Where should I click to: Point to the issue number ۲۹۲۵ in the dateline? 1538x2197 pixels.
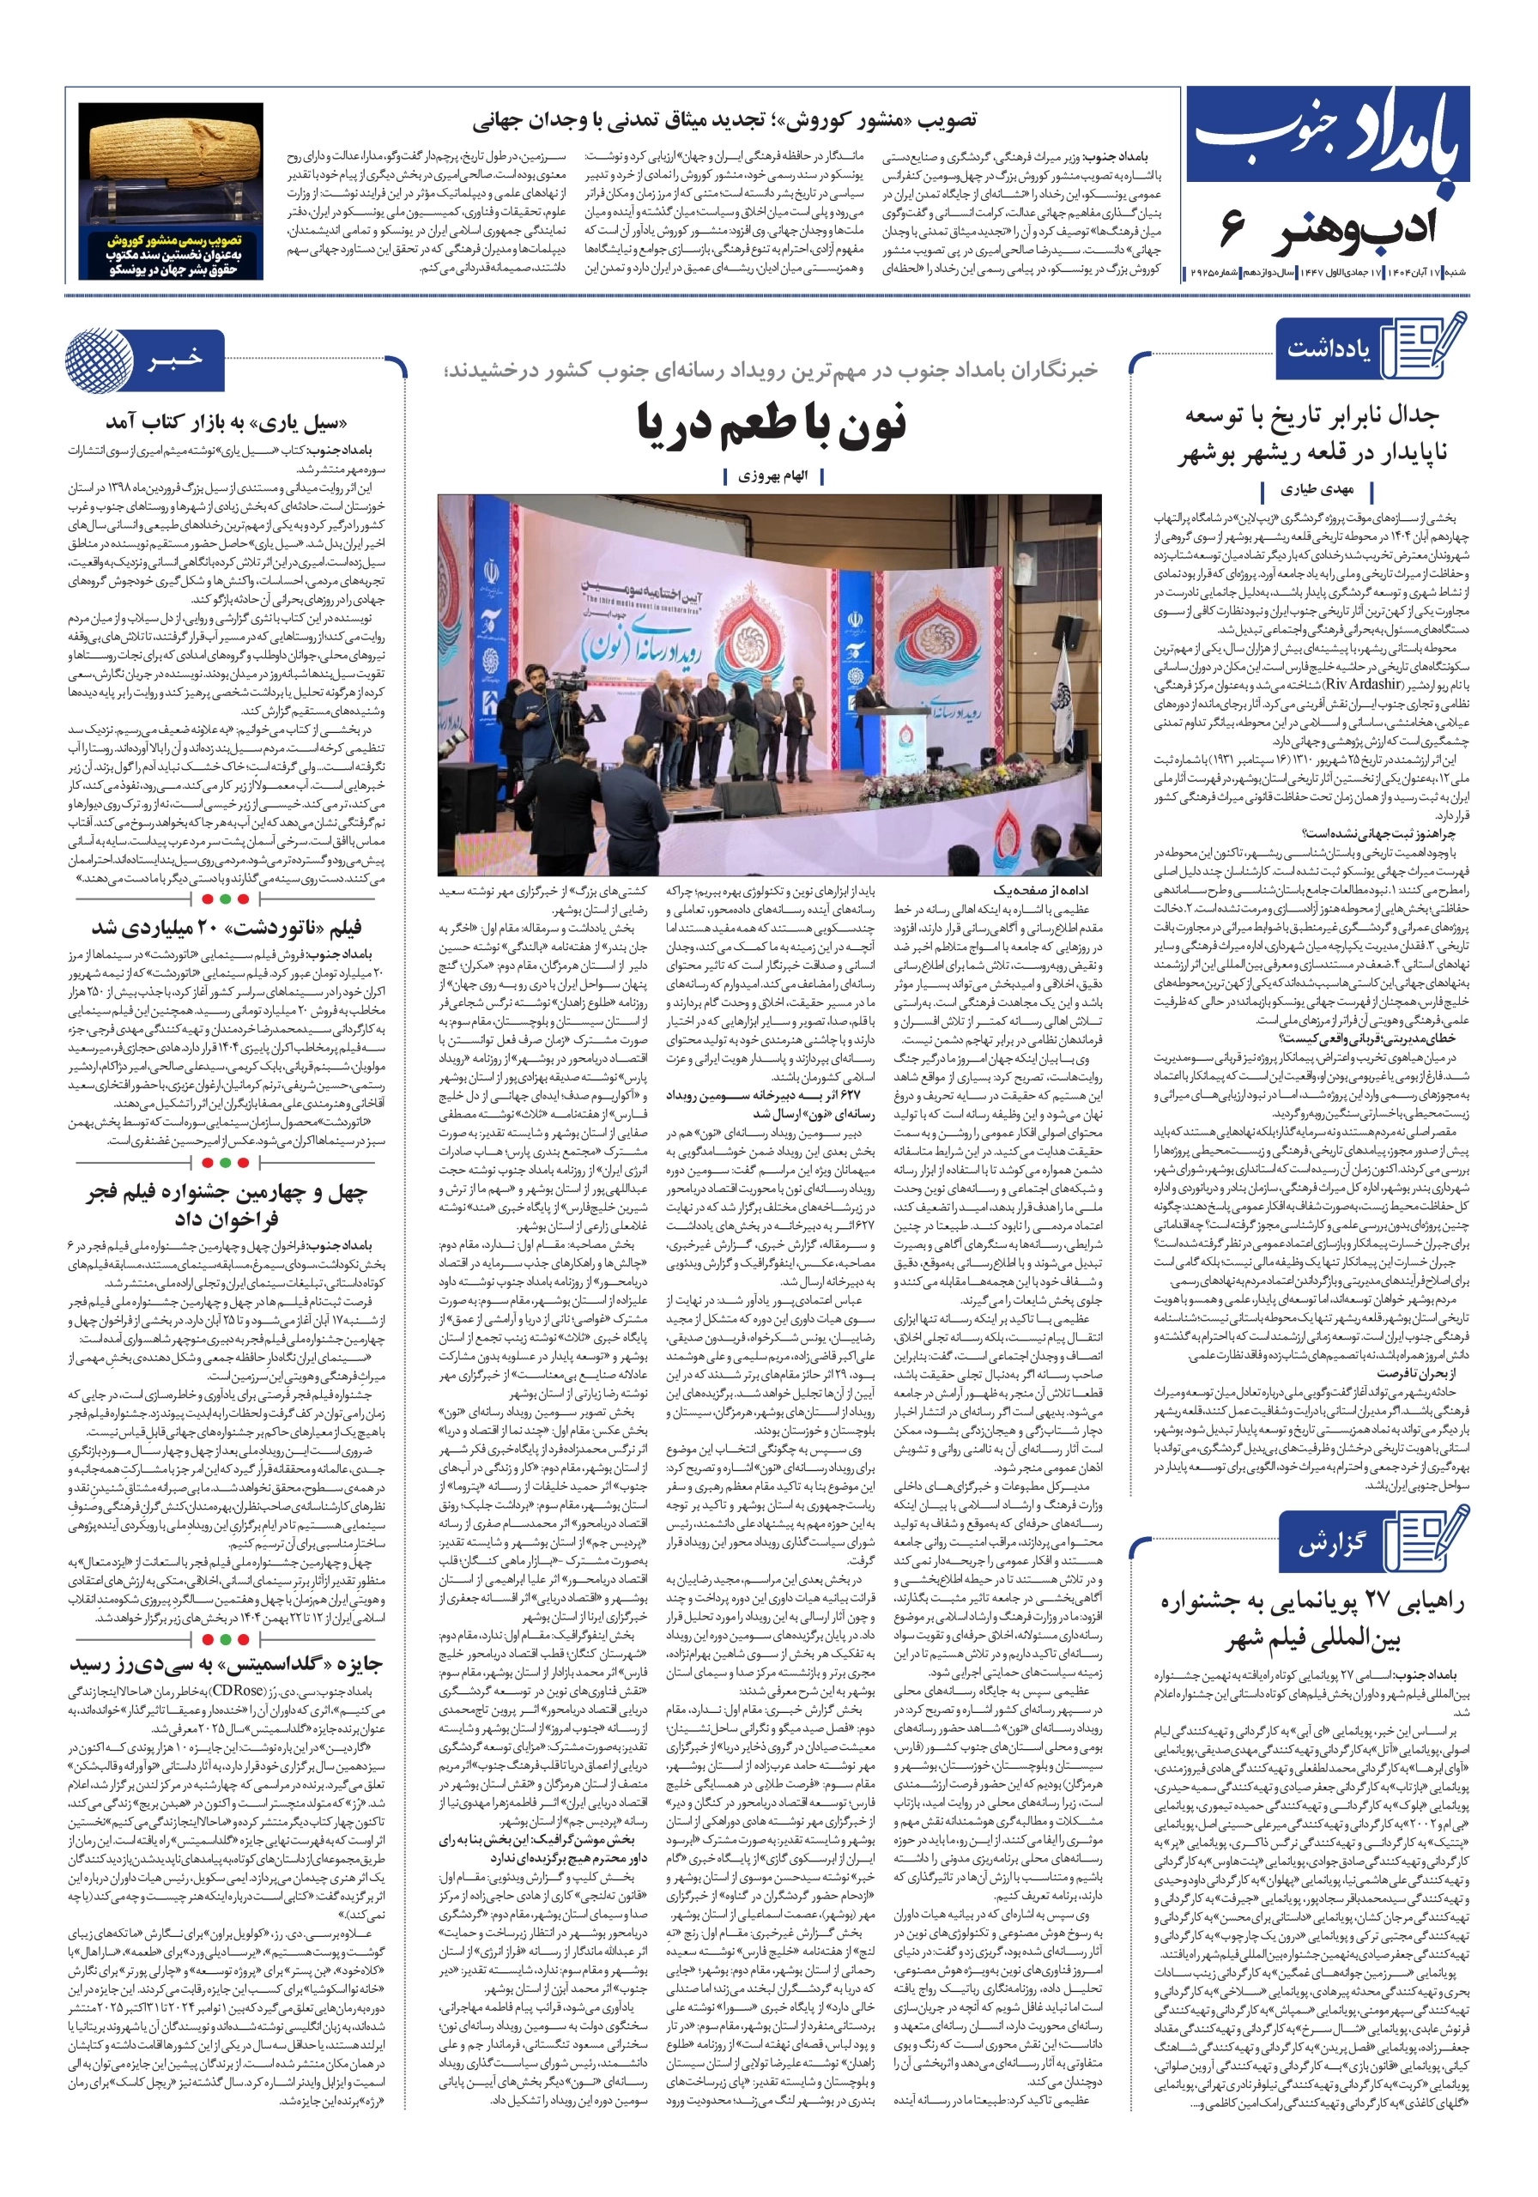coord(1202,274)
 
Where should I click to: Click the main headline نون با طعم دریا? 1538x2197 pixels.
coord(771,425)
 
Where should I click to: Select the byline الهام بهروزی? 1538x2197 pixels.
coord(772,475)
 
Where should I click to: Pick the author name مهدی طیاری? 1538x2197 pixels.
coord(1317,490)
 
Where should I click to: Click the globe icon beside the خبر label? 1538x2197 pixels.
coord(100,360)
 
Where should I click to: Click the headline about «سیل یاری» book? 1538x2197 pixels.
coord(226,422)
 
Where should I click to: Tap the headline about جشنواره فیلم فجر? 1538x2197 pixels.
coord(226,1205)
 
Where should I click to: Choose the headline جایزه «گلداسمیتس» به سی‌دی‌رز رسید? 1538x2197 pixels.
coord(226,1664)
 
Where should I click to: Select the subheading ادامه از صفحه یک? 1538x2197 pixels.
coord(1039,890)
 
